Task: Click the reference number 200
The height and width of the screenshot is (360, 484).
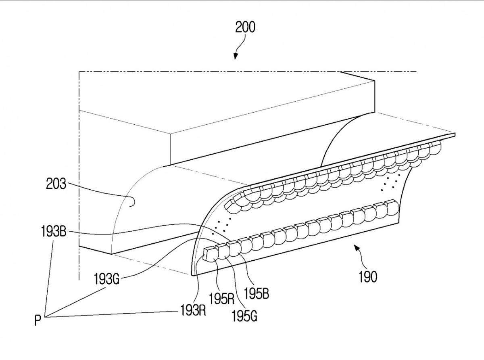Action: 245,27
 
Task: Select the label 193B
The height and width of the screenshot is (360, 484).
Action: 54,231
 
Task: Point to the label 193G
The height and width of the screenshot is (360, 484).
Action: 106,279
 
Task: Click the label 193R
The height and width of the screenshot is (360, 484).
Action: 193,310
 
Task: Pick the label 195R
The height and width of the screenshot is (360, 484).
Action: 221,298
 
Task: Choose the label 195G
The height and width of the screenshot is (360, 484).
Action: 244,316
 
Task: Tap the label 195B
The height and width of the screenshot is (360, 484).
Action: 256,293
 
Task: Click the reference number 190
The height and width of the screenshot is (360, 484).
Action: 368,276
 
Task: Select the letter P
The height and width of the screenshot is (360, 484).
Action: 38,321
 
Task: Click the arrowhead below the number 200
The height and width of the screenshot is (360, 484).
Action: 235,57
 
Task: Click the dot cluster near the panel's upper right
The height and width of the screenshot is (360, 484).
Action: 390,182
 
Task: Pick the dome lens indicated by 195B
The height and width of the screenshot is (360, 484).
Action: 234,250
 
